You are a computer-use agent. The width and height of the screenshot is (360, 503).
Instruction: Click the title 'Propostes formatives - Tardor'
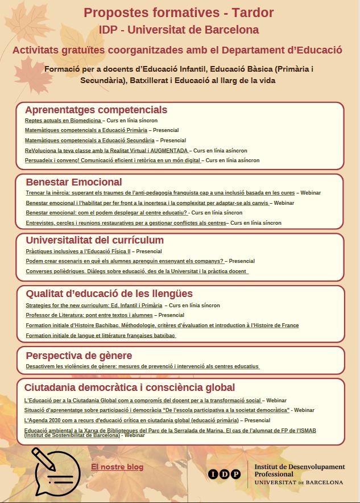point(179,13)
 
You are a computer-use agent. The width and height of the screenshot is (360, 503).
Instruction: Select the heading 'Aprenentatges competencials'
point(96,110)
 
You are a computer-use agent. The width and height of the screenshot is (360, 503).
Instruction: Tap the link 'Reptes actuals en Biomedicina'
point(63,121)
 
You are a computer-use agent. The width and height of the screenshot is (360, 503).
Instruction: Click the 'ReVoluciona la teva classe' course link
point(106,151)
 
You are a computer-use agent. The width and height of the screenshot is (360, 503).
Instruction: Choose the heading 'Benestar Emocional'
point(74,182)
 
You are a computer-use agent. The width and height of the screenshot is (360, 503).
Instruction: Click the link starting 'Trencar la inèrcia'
point(160,193)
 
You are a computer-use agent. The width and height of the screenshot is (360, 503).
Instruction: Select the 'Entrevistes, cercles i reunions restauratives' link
point(126,223)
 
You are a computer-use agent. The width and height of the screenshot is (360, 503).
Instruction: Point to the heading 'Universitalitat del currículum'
point(94,240)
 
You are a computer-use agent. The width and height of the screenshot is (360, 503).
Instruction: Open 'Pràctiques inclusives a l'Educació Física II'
point(78,251)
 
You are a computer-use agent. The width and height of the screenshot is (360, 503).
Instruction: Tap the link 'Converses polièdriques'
point(136,271)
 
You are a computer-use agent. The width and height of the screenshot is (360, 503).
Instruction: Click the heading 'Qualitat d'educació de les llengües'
point(109,294)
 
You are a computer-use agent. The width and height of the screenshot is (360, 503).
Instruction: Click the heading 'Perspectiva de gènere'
point(79,356)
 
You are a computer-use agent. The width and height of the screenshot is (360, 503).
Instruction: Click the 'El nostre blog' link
point(117,467)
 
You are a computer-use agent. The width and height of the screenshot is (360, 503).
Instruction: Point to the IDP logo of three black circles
point(224,474)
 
